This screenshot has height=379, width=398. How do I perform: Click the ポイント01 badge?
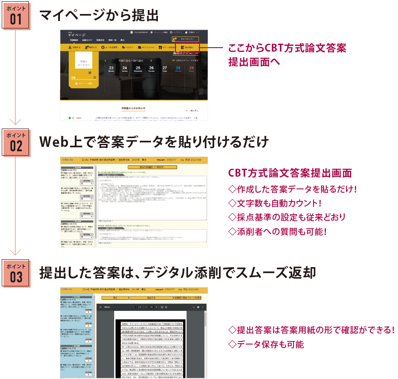click(16, 16)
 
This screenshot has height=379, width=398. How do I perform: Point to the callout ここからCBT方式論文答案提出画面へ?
click(286, 55)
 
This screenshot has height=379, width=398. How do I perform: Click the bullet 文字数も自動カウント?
click(275, 203)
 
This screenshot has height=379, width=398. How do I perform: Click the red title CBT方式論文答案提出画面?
click(290, 173)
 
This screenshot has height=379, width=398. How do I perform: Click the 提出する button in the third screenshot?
click(151, 298)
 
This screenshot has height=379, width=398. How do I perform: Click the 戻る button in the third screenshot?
click(115, 298)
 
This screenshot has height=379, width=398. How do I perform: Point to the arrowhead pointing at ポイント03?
click(16, 252)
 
